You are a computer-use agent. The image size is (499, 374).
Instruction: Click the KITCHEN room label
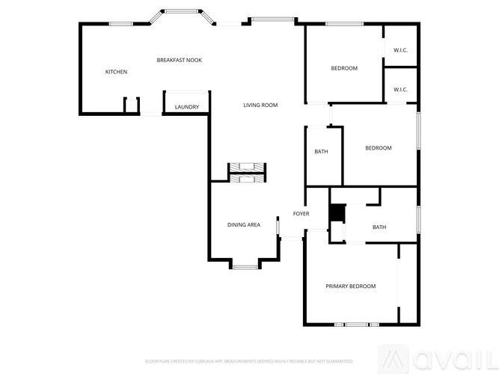point(116,72)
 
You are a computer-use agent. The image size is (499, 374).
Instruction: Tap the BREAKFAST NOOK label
point(179,60)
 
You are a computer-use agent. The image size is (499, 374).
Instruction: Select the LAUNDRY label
point(187,107)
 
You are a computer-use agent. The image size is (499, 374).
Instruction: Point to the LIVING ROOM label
point(260,105)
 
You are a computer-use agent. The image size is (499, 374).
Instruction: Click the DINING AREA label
point(244,224)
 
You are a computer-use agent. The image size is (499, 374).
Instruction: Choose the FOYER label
point(301,214)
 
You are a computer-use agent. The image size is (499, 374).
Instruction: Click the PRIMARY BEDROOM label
point(350,286)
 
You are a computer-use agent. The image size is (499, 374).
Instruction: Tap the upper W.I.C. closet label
point(399,49)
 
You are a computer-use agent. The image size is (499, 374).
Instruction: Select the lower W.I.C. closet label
point(399,90)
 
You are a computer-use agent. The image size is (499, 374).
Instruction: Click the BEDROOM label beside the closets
point(344,69)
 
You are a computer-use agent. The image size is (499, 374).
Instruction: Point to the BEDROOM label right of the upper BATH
point(378,148)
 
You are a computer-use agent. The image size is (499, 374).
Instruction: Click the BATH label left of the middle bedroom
point(321,152)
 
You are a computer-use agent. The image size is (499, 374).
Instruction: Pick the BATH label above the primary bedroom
point(379,227)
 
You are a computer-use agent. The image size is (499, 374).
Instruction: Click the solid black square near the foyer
point(338,214)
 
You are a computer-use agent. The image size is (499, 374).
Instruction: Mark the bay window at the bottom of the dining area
point(244,266)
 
